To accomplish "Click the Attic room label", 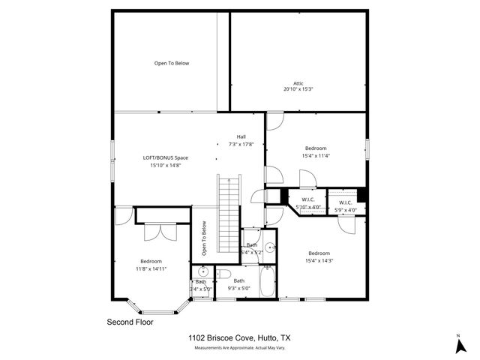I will [298, 82].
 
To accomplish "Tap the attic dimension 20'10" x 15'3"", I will [298, 89].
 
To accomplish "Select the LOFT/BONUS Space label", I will [165, 157].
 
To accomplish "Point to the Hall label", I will [241, 136].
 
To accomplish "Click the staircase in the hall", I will [228, 214].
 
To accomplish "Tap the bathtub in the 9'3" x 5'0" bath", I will [267, 286].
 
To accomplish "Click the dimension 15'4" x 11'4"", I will [315, 155].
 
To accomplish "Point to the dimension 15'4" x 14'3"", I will [319, 260].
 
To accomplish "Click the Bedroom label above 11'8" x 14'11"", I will [150, 261].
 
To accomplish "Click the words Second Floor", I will [131, 321].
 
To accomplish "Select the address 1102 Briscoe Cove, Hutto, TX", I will [239, 339].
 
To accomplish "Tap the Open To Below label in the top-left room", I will [172, 63].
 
